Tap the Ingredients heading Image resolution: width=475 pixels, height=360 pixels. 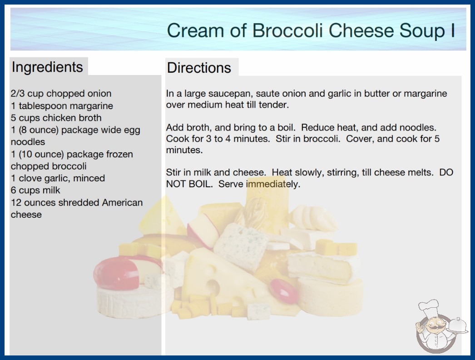click(x=47, y=67)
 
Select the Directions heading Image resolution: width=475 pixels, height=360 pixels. click(x=199, y=68)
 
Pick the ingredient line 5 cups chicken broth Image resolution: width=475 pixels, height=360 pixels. click(x=56, y=118)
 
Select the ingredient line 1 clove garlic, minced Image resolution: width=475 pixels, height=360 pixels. click(x=58, y=178)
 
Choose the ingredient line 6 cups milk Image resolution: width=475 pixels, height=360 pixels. click(x=35, y=190)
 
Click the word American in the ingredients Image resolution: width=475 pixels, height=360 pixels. click(x=122, y=202)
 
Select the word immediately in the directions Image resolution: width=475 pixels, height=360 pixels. click(x=272, y=184)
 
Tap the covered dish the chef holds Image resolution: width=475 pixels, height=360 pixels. click(x=457, y=326)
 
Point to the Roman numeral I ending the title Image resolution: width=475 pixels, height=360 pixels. click(x=453, y=30)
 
